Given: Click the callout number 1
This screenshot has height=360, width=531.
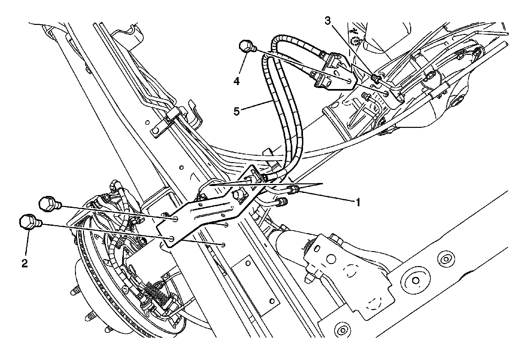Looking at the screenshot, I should (357, 202).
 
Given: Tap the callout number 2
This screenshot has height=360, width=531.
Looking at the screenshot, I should (24, 263).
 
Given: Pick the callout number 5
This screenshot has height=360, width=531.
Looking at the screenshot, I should (237, 111).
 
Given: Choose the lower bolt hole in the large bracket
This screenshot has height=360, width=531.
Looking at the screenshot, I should (172, 239).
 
